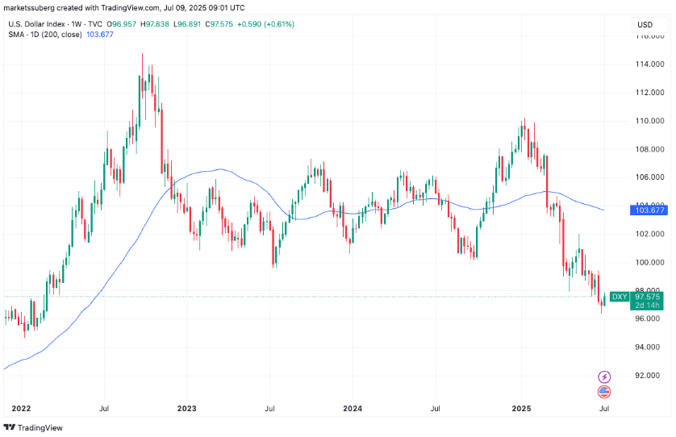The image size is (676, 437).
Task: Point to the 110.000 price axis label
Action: click(x=649, y=120)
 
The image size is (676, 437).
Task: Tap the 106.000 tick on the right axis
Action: click(x=649, y=177)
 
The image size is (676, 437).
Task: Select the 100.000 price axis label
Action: click(x=649, y=262)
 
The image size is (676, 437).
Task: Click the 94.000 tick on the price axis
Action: click(x=649, y=347)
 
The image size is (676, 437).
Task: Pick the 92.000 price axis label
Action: click(x=649, y=376)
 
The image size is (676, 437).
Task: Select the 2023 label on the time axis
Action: click(x=186, y=409)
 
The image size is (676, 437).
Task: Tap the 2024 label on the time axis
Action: click(x=353, y=409)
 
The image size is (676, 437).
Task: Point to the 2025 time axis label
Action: click(x=520, y=409)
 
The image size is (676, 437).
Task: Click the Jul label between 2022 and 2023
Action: click(x=103, y=409)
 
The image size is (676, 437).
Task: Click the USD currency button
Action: click(x=645, y=24)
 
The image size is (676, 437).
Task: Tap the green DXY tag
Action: click(x=619, y=297)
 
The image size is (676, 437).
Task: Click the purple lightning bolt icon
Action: click(x=603, y=377)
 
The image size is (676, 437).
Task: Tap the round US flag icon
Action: click(x=603, y=392)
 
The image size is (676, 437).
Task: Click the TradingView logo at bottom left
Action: click(x=34, y=427)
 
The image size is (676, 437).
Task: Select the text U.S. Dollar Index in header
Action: click(x=35, y=24)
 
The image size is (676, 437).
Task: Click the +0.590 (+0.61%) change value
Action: click(x=267, y=24)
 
